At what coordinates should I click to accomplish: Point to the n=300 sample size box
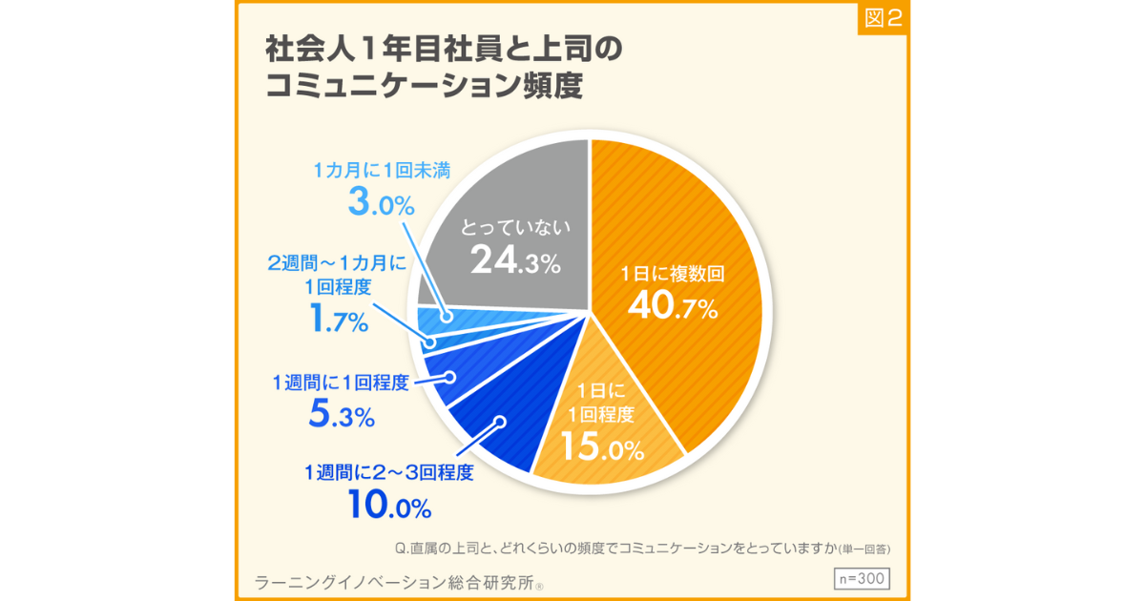tap(861, 578)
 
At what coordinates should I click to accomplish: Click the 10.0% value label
tap(389, 505)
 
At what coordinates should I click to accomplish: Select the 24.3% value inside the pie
tap(515, 261)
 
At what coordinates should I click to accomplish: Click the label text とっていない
tap(515, 227)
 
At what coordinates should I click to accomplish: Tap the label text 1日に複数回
tap(673, 274)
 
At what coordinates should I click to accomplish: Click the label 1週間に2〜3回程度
tap(388, 472)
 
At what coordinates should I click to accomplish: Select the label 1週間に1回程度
tap(341, 383)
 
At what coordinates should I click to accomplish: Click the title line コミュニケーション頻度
tap(424, 86)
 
